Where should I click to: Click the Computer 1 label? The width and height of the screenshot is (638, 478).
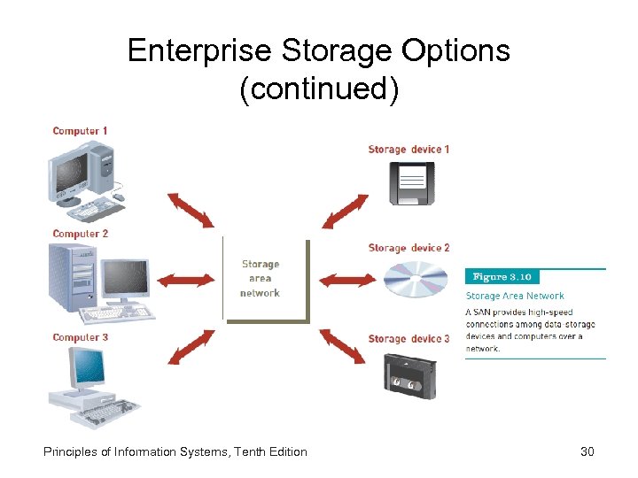[x=80, y=131]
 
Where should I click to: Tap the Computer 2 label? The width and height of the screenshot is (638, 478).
[x=80, y=234]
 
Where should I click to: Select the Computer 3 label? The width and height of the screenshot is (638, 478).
[x=80, y=337]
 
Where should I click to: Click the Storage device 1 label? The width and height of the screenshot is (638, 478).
[x=408, y=150]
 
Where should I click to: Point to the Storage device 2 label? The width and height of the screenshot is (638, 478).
[x=408, y=248]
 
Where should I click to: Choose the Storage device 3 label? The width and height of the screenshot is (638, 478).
[x=408, y=339]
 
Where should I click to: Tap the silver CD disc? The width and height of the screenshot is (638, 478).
[x=416, y=281]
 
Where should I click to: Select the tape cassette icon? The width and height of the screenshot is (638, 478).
[x=410, y=375]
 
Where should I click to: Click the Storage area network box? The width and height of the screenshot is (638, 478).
[x=262, y=278]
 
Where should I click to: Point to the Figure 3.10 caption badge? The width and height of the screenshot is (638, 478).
[x=502, y=277]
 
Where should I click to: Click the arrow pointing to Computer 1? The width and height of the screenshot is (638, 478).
[x=190, y=211]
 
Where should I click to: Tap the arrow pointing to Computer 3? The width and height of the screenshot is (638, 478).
[x=190, y=347]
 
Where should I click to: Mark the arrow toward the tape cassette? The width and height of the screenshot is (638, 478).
[x=341, y=346]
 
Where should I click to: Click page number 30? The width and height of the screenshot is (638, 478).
[x=587, y=452]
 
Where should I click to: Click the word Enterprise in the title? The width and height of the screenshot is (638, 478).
[x=200, y=50]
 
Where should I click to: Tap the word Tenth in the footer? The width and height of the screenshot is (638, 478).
[x=249, y=452]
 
